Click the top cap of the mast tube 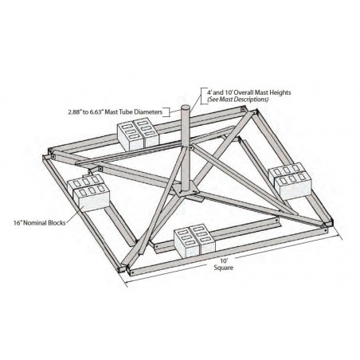[186, 108]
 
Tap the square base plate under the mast [186, 190]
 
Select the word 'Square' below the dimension [224, 268]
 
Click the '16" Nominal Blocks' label [40, 223]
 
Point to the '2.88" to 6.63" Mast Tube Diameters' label [115, 112]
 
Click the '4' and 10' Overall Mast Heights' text [249, 92]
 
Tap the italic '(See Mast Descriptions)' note [238, 100]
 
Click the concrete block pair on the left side [88, 193]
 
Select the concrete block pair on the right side [290, 182]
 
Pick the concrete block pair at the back [138, 135]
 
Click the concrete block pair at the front [194, 241]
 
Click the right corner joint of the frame [328, 222]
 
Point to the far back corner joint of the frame [249, 111]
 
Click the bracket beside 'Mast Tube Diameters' [166, 112]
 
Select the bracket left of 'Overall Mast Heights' [203, 96]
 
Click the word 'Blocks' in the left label [57, 223]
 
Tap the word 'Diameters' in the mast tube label [148, 112]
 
